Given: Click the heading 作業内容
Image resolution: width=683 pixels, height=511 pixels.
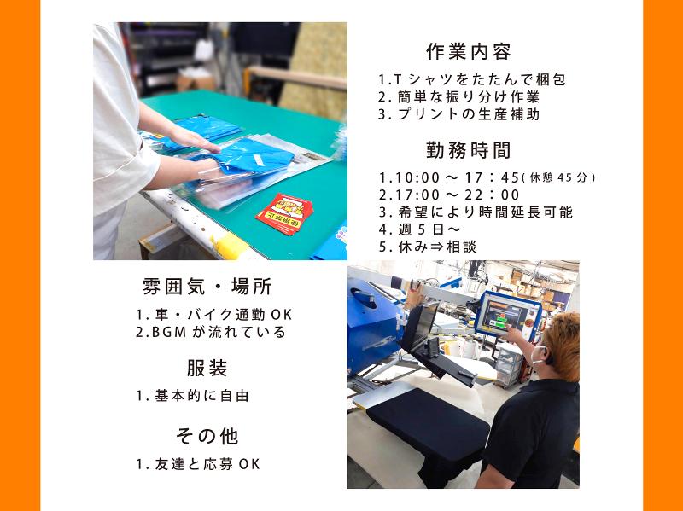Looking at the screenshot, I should pos(468,51).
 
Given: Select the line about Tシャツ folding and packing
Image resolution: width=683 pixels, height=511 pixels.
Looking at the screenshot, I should pos(472,79).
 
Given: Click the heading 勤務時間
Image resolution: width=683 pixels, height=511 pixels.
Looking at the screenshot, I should pos(468,150).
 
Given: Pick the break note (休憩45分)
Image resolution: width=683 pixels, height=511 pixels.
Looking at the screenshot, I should pos(557,178).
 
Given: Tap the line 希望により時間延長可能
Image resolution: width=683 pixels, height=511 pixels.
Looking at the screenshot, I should pos(476,212).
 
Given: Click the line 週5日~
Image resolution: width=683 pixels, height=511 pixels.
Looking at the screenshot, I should pos(418,229).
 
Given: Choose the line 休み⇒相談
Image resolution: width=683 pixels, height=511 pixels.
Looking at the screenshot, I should pos(427,247).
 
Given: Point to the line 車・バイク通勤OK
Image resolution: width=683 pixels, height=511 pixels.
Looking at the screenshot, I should pos(213,314).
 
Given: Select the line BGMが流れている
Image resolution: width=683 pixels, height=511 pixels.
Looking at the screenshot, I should pos(210,332).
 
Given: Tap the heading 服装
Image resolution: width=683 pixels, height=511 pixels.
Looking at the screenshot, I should pos(207,369).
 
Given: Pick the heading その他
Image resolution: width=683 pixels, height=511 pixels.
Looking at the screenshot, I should pos(207,436).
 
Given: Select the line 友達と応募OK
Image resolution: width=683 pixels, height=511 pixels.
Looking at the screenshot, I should pos(197,464).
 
